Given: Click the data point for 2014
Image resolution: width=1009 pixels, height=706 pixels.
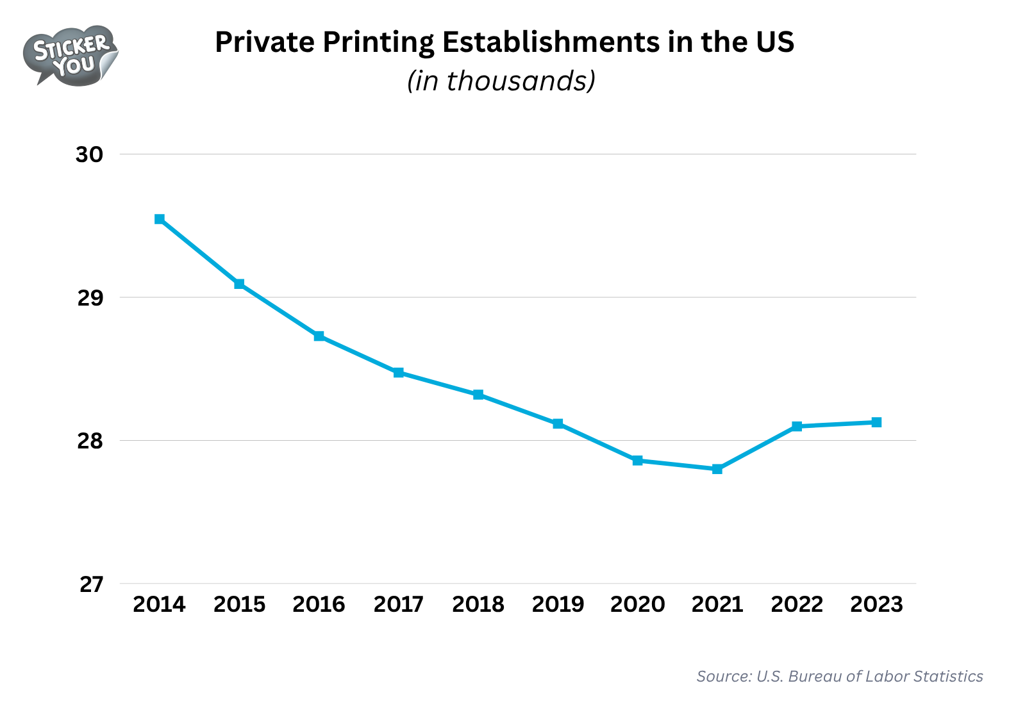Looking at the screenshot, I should click(x=160, y=219).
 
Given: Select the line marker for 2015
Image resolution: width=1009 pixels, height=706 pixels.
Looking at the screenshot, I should click(x=239, y=284).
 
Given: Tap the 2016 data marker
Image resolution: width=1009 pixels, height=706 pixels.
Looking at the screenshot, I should click(x=319, y=336).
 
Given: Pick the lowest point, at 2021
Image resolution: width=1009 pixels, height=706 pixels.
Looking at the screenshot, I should click(x=717, y=469).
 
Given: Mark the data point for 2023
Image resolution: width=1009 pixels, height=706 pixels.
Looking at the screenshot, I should click(x=876, y=422).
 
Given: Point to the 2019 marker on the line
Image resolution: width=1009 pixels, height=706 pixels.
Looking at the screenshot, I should click(x=558, y=423).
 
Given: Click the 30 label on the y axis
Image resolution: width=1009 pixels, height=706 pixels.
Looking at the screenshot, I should click(x=90, y=154).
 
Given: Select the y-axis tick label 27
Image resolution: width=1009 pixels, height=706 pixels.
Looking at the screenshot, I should click(x=91, y=584).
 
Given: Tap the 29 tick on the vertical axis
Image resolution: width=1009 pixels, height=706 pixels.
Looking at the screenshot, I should click(x=90, y=298).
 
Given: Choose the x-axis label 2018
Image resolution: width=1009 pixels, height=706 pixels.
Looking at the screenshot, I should click(x=478, y=604).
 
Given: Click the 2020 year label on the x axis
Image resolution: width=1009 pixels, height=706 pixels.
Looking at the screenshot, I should click(x=637, y=604).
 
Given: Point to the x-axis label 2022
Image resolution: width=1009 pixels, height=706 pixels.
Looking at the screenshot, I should click(x=797, y=604).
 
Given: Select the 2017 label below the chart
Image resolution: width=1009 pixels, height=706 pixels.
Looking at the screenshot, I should click(x=398, y=604).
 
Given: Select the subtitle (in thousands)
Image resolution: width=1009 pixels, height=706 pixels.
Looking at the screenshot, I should click(x=501, y=81).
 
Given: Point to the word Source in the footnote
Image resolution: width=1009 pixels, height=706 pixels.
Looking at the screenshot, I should click(x=723, y=677).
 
